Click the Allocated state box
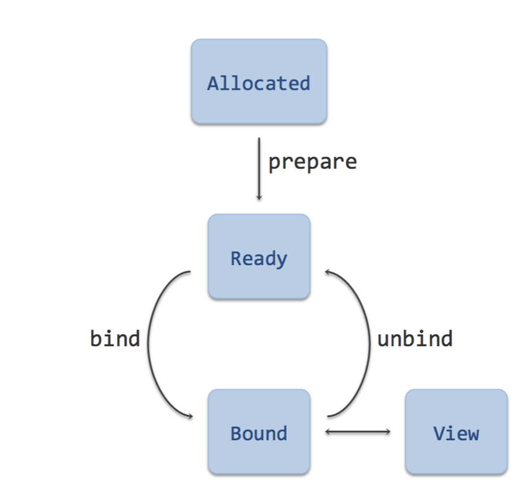point(259,82)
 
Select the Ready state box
point(259,256)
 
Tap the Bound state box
point(259,431)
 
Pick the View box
point(456,431)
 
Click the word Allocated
point(259,83)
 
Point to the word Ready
point(259,259)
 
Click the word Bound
point(259,433)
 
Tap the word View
point(456,433)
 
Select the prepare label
point(313,163)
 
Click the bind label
point(115,339)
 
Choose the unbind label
point(415,339)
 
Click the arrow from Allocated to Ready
point(259,169)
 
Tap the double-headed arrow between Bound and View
point(358,431)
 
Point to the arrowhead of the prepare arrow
point(259,198)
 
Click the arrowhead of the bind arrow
point(191,416)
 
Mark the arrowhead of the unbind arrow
point(327,272)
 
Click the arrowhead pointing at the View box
point(388,431)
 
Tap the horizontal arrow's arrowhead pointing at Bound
point(327,431)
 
